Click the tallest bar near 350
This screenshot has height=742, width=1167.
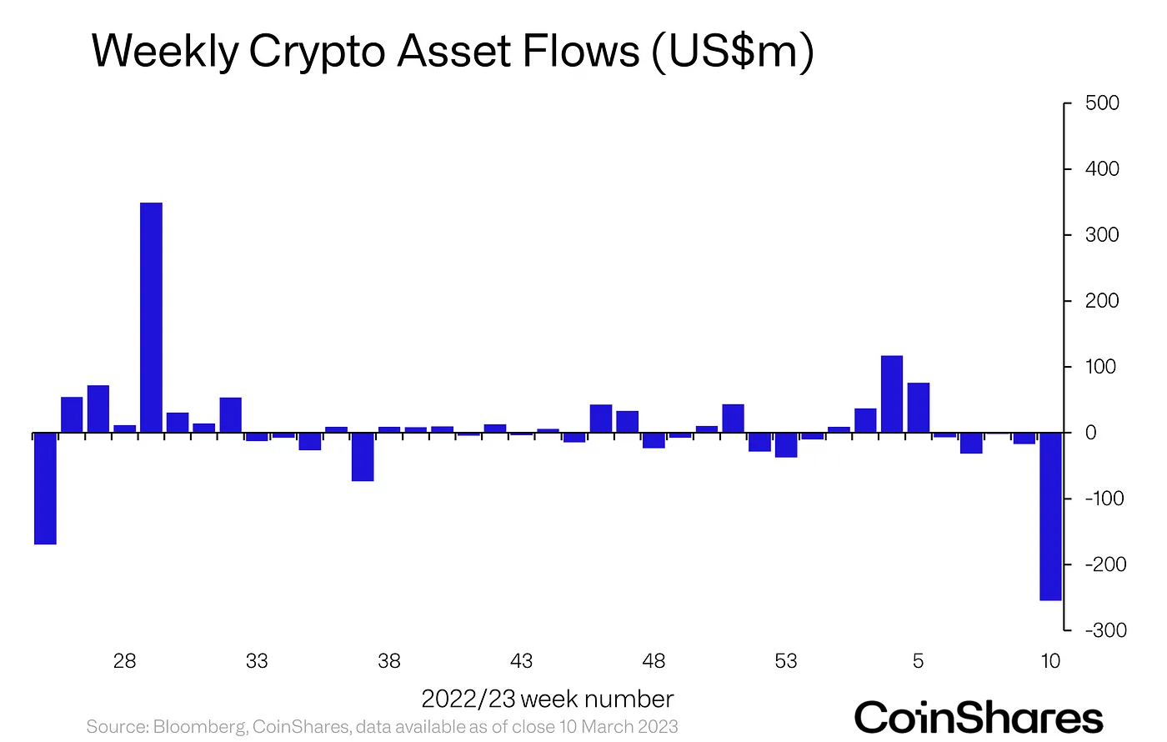click(151, 317)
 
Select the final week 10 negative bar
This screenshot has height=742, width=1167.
click(1050, 516)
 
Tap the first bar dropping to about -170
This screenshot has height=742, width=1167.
click(45, 488)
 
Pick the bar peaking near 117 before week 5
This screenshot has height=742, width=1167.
click(892, 394)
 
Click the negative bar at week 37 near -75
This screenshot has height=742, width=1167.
click(363, 457)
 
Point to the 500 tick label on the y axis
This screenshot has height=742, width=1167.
click(1102, 103)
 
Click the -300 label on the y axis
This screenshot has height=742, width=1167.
click(1105, 630)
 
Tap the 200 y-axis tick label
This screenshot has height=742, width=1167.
click(1102, 301)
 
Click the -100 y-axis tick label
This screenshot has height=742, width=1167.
click(1105, 499)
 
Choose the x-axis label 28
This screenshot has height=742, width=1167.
click(124, 661)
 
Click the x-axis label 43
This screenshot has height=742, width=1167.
click(521, 661)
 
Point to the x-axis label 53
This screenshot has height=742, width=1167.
click(785, 661)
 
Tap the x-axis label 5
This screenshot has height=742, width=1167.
click(918, 661)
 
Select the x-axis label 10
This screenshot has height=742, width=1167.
click(1050, 661)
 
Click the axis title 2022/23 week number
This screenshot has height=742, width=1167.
click(547, 699)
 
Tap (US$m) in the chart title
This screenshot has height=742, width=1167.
click(731, 52)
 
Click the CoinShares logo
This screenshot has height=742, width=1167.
click(978, 718)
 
